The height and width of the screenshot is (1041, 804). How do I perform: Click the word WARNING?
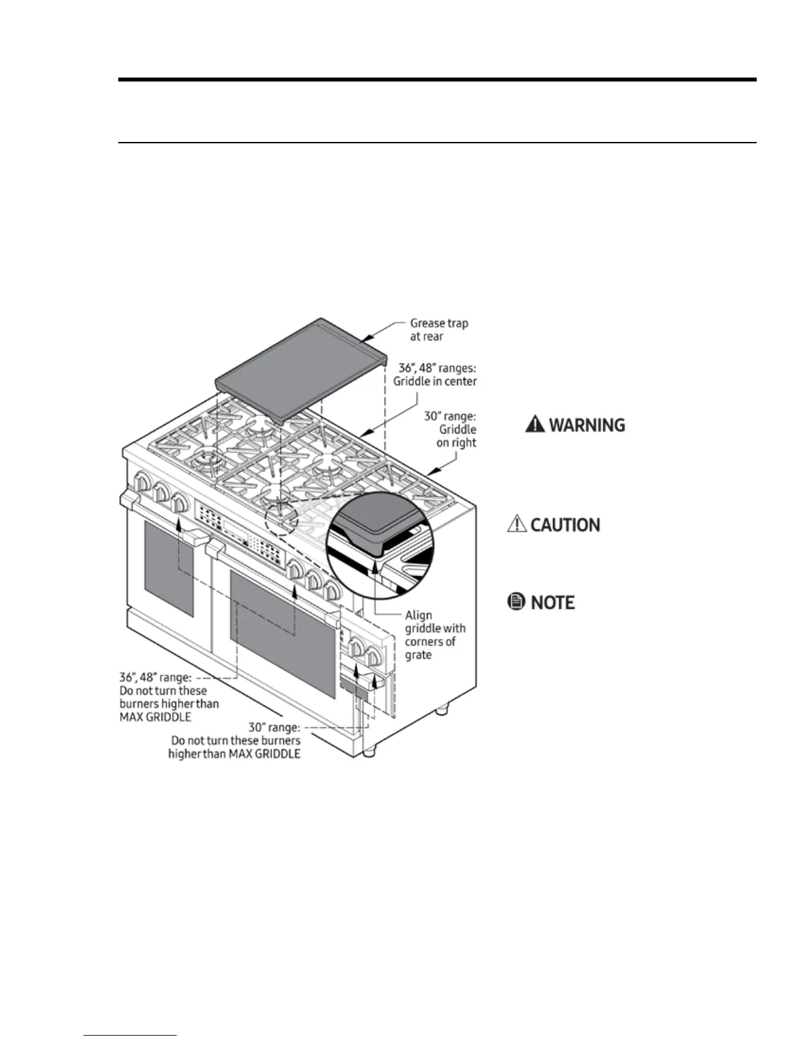587,425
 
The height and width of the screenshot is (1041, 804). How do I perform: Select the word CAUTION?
565,524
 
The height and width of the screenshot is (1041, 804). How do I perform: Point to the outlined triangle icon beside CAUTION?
518,524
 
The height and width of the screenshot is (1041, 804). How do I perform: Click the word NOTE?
552,602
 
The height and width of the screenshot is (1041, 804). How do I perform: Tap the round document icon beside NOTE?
517,601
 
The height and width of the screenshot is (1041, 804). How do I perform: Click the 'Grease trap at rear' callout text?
438,329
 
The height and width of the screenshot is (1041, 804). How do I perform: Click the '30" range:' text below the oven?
274,728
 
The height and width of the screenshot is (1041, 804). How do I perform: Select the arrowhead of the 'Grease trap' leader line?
366,341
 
